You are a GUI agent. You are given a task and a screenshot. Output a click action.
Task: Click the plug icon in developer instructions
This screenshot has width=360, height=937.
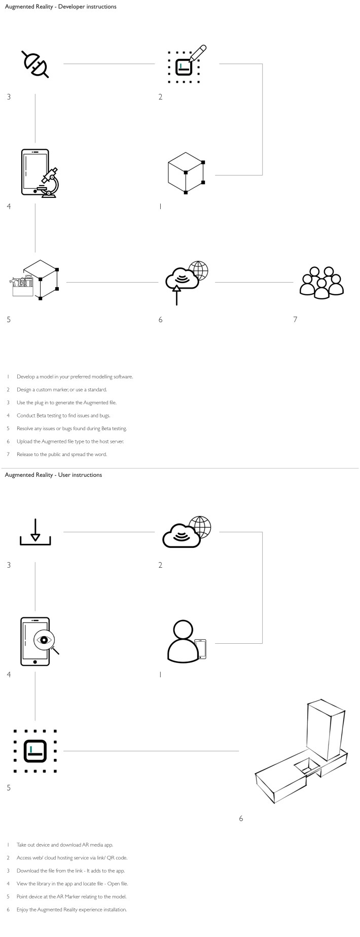pyautogui.click(x=35, y=64)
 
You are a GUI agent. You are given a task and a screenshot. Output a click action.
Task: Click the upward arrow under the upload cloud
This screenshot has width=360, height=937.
pyautogui.click(x=176, y=294)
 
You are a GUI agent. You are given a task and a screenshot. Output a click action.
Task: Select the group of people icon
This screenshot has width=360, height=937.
pyautogui.click(x=321, y=283)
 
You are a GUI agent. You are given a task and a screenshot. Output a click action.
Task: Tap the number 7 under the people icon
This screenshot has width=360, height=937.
pyautogui.click(x=295, y=320)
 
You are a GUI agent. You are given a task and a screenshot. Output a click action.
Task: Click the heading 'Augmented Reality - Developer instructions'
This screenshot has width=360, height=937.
pyautogui.click(x=60, y=7)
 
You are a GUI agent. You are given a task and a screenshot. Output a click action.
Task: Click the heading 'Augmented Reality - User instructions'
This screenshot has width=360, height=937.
pyautogui.click(x=53, y=475)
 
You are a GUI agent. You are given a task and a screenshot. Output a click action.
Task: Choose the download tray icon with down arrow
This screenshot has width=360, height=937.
pyautogui.click(x=35, y=533)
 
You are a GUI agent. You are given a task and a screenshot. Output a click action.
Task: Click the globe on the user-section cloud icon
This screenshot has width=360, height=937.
pyautogui.click(x=200, y=527)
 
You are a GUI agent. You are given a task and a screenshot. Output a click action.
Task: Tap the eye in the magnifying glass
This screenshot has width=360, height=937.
pyautogui.click(x=44, y=640)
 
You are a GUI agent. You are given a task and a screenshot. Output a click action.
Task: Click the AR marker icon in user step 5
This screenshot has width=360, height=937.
pyautogui.click(x=35, y=751)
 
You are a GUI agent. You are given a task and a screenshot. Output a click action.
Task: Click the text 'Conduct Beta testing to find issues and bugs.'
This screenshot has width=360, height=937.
pyautogui.click(x=63, y=415)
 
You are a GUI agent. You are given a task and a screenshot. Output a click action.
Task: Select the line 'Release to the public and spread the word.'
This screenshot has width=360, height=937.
pyautogui.click(x=62, y=455)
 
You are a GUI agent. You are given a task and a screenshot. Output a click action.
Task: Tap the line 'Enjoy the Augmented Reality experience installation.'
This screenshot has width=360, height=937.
pyautogui.click(x=71, y=910)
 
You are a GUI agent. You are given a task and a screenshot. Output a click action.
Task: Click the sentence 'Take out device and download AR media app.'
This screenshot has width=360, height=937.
pyautogui.click(x=65, y=845)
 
